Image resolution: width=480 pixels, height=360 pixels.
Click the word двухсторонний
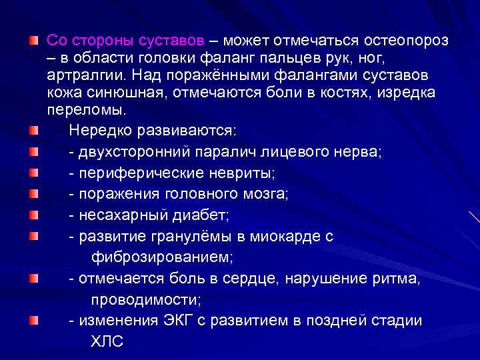[134, 152]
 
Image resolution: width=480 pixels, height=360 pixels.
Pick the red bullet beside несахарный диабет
[33, 215]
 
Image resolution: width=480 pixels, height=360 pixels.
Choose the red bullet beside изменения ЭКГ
[33, 320]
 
